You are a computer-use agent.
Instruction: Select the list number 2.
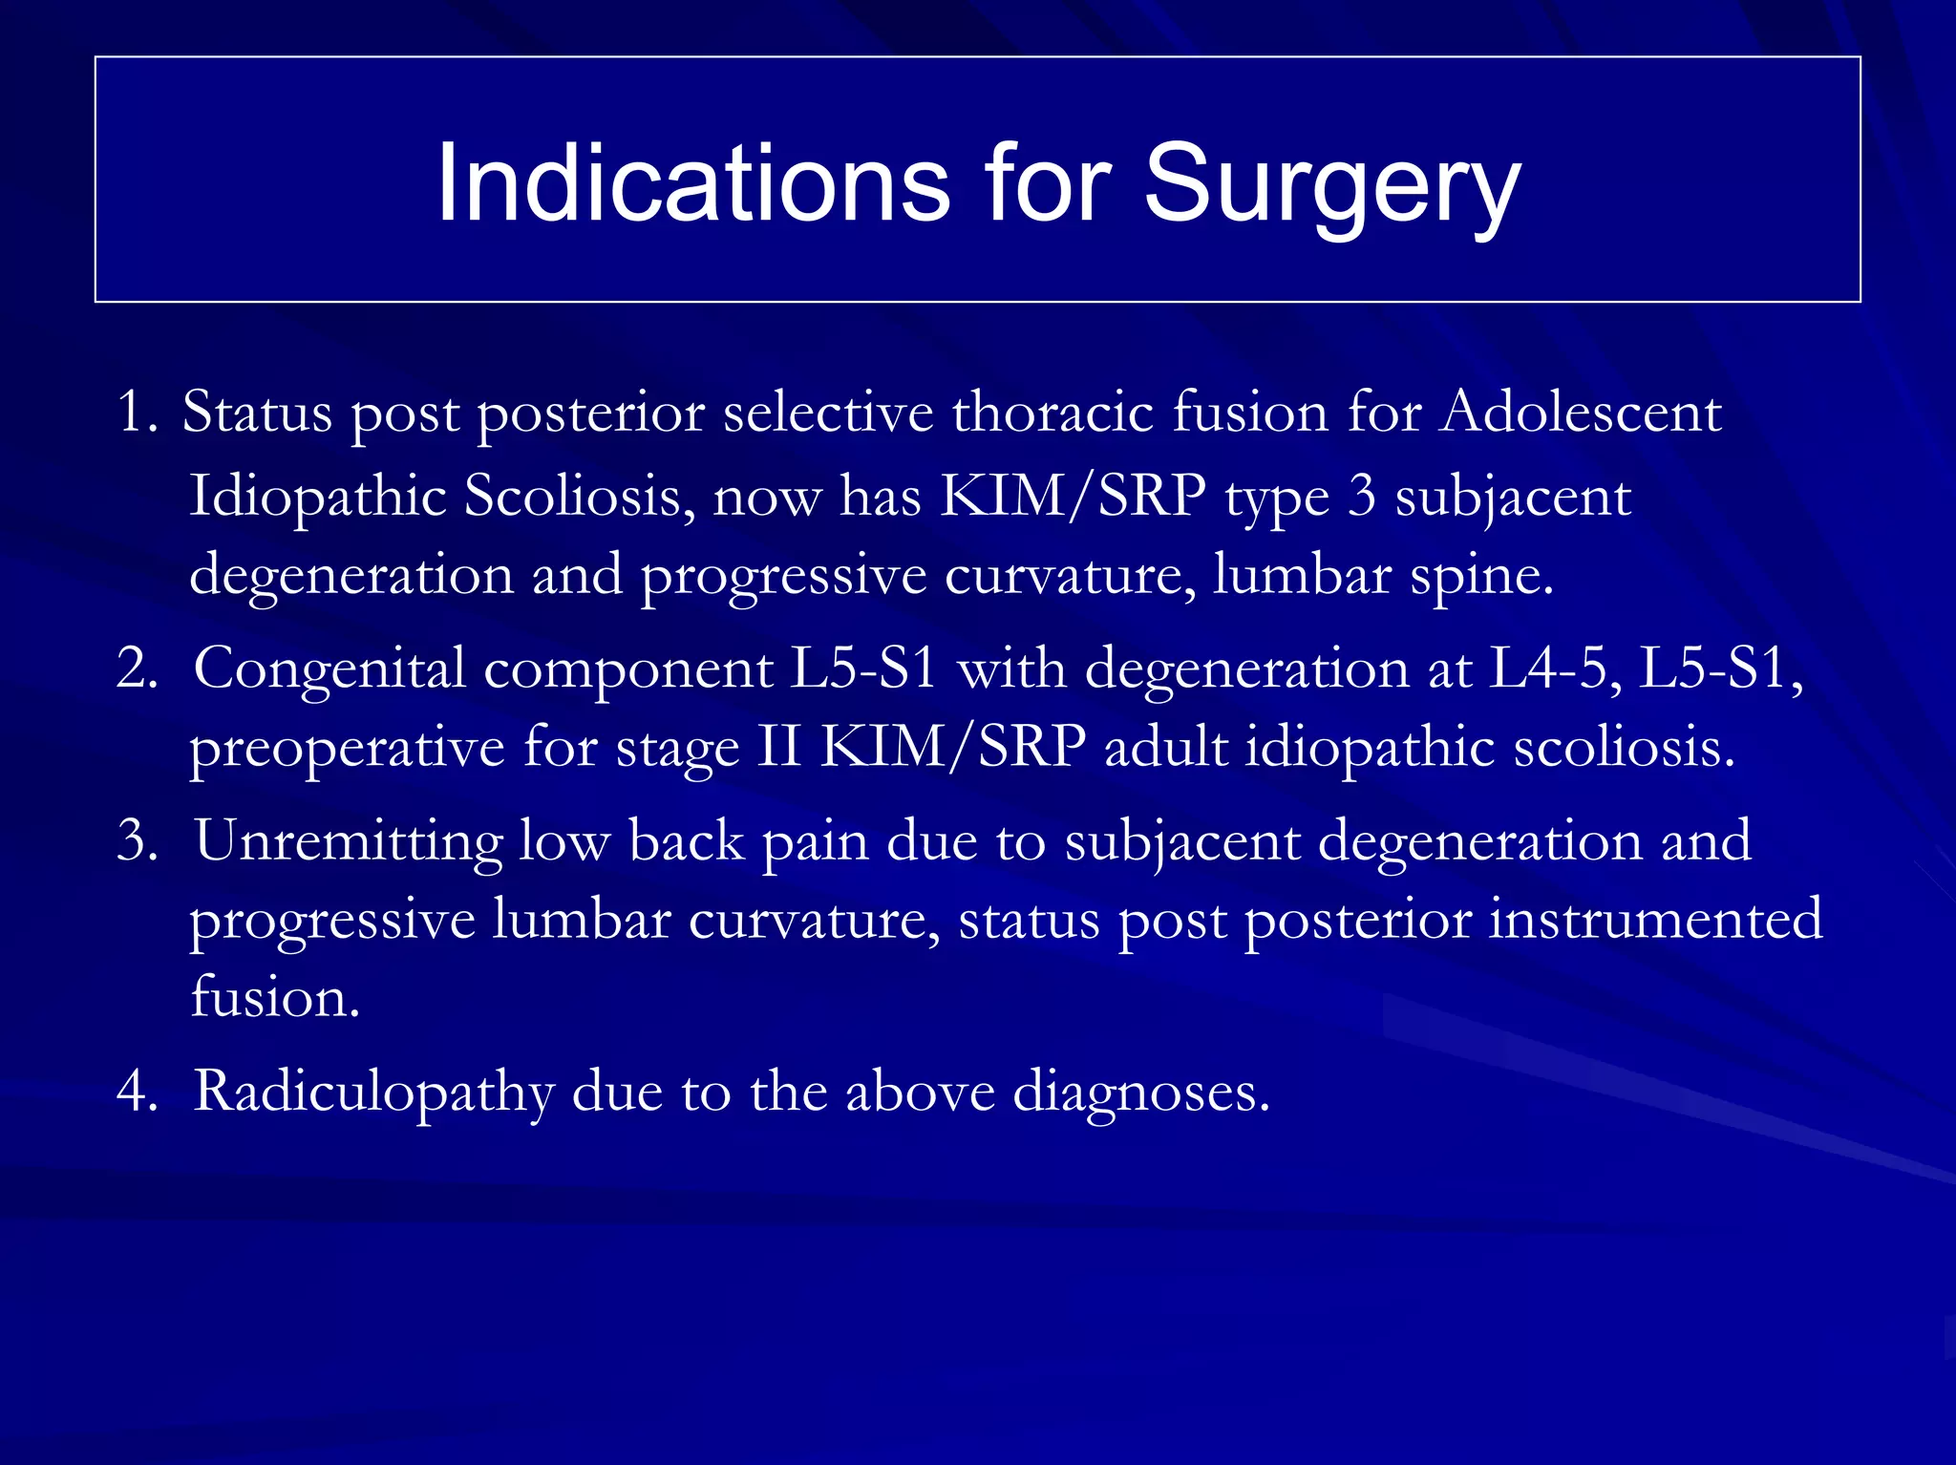pyautogui.click(x=137, y=668)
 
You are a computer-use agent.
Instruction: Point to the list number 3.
pyautogui.click(x=137, y=841)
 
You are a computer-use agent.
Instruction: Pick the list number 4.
pyautogui.click(x=137, y=1091)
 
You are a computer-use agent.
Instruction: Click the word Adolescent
pyautogui.click(x=1581, y=413)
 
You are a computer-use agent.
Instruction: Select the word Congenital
pyautogui.click(x=330, y=669)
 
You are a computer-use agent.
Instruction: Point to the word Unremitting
pyautogui.click(x=348, y=841)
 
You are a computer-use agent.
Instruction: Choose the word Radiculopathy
pyautogui.click(x=373, y=1092)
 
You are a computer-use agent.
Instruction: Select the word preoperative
pyautogui.click(x=347, y=748)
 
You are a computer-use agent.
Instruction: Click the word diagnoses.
pyautogui.click(x=1140, y=1092)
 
